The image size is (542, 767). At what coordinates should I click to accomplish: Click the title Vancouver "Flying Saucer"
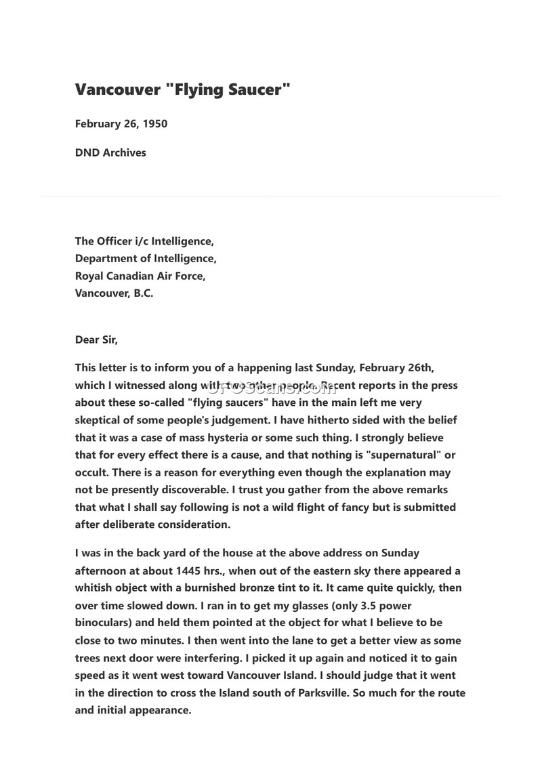pos(182,89)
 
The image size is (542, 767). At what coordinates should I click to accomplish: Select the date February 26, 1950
pos(121,124)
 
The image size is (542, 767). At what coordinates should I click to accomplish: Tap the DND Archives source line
pos(110,152)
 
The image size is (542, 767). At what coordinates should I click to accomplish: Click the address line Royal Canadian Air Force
pos(140,276)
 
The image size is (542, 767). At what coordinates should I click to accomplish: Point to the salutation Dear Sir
pos(96,340)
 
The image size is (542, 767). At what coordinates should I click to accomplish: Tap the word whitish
pos(96,588)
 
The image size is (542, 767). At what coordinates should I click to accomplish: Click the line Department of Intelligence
pos(146,258)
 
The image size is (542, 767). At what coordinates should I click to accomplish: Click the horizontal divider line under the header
pos(271,196)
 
